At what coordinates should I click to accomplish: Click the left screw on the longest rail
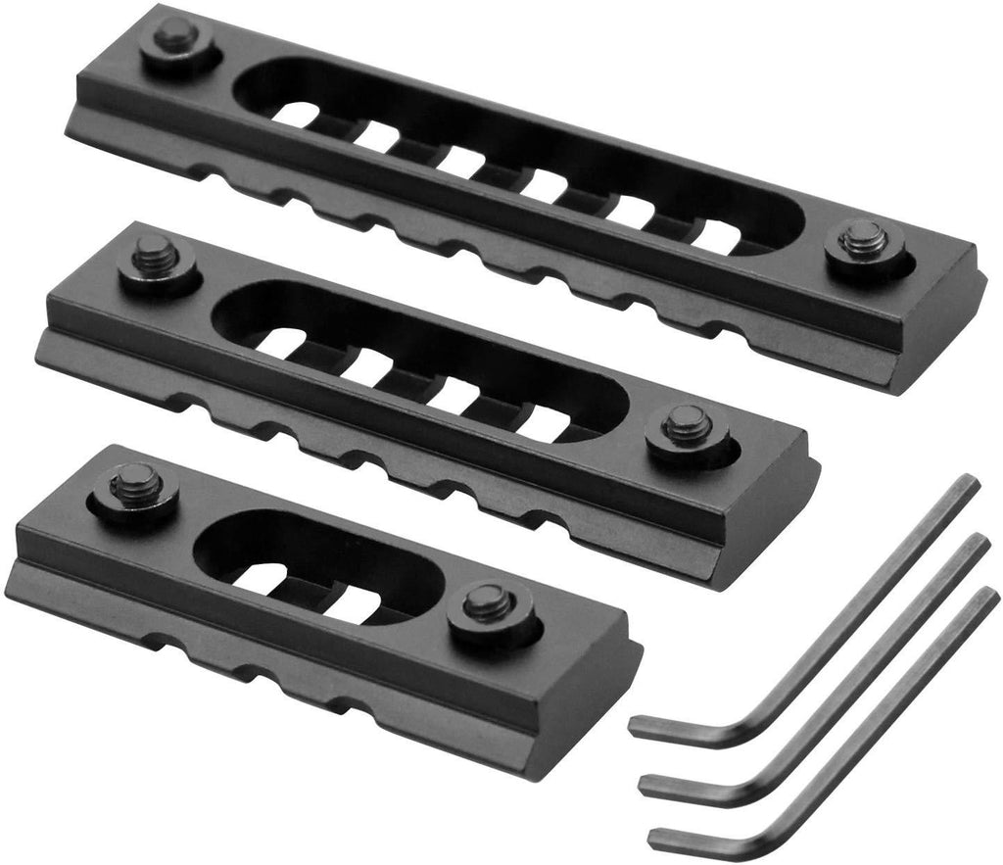click(x=176, y=39)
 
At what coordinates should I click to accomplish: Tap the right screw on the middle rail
click(x=685, y=428)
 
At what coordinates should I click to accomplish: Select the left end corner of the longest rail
click(x=69, y=132)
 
